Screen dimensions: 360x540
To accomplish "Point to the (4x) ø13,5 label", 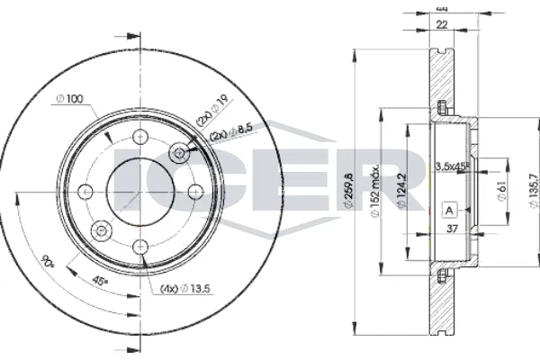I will pyautogui.click(x=185, y=289).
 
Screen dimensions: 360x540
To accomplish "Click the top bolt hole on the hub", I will pyautogui.click(x=139, y=137).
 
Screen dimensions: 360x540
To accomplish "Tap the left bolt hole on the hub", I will pyautogui.click(x=85, y=191).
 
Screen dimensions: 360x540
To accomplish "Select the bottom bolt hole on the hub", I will pyautogui.click(x=139, y=245).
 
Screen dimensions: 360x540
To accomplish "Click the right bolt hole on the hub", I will pyautogui.click(x=193, y=191).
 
